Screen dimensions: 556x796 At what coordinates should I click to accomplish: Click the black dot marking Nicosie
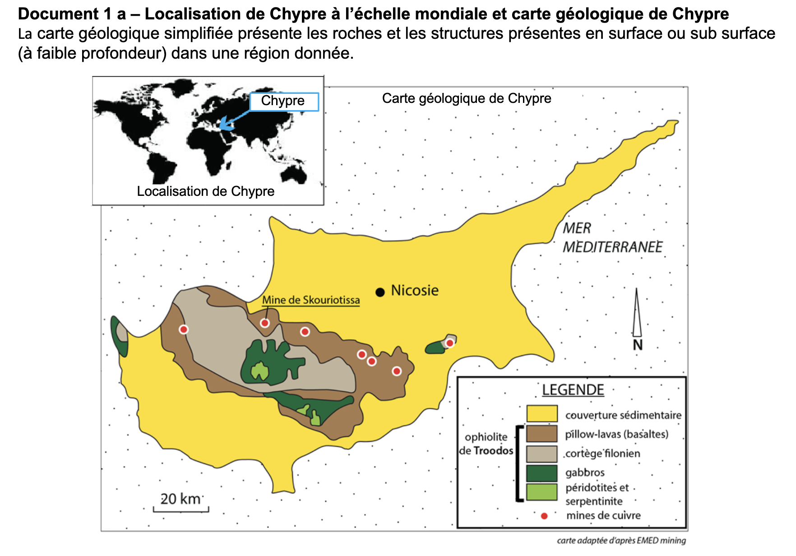point(380,292)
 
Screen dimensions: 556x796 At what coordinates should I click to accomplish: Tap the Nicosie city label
point(414,290)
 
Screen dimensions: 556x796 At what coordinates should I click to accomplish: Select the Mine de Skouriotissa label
point(311,300)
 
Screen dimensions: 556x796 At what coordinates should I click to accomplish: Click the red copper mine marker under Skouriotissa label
point(265,323)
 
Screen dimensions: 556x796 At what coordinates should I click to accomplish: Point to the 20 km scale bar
point(181,510)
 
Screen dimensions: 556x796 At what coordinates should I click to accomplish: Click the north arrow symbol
point(637,314)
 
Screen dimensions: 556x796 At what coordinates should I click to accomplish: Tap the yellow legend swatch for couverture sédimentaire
point(541,414)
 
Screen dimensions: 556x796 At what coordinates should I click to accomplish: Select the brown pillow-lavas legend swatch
point(541,434)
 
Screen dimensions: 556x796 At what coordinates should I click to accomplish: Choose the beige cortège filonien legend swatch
point(541,454)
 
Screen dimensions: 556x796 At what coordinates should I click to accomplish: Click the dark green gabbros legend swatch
point(541,473)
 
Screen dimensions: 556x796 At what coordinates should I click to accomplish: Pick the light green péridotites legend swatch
point(541,492)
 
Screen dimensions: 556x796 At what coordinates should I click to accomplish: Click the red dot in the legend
point(544,516)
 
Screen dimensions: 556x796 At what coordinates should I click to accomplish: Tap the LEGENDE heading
point(573,390)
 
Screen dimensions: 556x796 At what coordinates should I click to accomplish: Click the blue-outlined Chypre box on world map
point(284,102)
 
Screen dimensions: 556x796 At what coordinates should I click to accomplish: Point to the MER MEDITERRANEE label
point(612,238)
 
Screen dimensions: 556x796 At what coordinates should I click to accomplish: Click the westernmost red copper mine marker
point(183,329)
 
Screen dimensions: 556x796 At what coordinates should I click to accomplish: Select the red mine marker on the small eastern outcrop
point(449,343)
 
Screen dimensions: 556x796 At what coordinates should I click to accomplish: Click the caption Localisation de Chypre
point(205,191)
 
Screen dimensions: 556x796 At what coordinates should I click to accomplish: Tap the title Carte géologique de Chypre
point(466,98)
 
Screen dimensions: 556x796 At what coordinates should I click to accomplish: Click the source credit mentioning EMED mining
point(621,541)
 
